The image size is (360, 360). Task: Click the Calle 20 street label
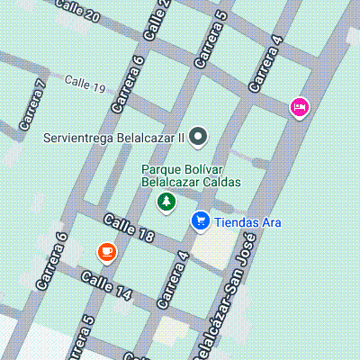click(x=78, y=12)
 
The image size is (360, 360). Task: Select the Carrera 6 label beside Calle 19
click(x=127, y=84)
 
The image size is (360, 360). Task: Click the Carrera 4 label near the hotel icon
click(x=266, y=64)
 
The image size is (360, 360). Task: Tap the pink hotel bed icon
click(x=300, y=108)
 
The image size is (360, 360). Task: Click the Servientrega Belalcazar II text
click(x=113, y=139)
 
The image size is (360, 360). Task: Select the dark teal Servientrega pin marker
click(x=200, y=138)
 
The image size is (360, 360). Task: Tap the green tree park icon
click(x=166, y=202)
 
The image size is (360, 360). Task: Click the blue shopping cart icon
click(x=200, y=220)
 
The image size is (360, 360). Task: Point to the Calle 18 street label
click(x=130, y=229)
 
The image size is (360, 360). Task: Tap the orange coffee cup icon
click(x=107, y=251)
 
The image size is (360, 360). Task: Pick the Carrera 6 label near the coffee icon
click(x=50, y=261)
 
